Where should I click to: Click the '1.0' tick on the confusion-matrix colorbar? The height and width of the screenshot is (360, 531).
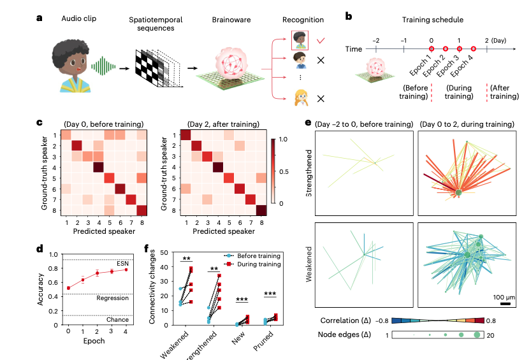click(283, 139)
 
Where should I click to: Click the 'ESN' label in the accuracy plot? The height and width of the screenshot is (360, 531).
click(122, 264)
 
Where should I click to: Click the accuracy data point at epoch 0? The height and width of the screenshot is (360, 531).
click(69, 288)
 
